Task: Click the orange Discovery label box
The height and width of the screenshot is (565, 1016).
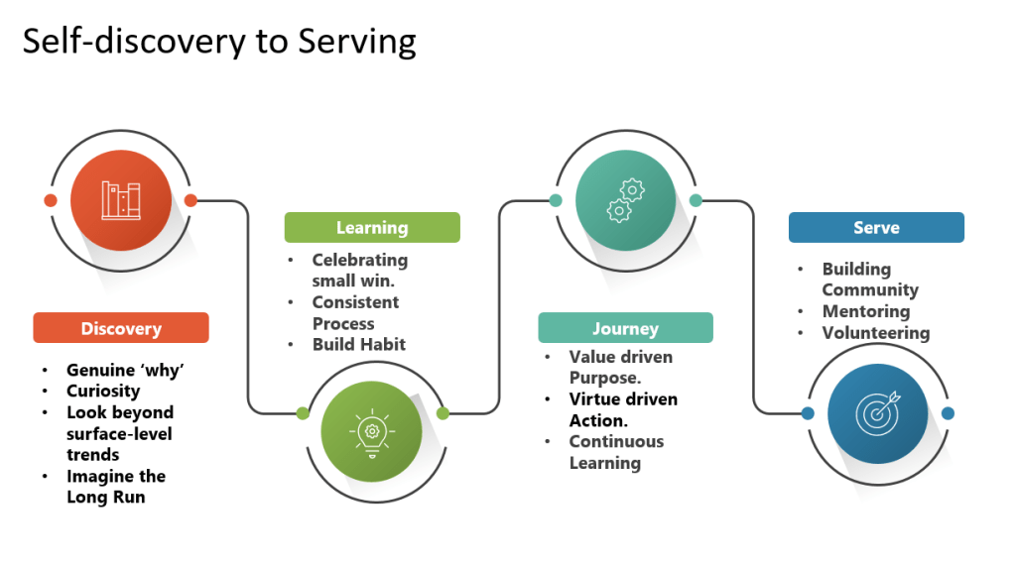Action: click(121, 328)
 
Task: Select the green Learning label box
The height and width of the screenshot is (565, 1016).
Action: click(372, 227)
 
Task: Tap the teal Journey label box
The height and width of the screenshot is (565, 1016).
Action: click(625, 328)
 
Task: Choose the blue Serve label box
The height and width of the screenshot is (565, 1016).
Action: click(876, 227)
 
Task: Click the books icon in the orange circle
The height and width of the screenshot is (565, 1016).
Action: click(121, 200)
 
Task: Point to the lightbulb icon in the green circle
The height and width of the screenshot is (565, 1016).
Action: click(371, 433)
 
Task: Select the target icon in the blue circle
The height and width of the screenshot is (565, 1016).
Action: click(876, 413)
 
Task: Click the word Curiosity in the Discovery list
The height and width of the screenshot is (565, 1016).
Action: click(103, 391)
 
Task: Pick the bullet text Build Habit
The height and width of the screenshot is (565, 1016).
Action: click(358, 344)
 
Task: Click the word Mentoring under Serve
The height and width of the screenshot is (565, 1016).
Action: click(866, 311)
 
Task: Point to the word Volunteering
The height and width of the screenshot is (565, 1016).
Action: click(876, 333)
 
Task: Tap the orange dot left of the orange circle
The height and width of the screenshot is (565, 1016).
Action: click(51, 200)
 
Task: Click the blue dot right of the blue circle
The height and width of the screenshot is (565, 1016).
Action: click(948, 413)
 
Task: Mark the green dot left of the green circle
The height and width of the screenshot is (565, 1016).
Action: click(302, 412)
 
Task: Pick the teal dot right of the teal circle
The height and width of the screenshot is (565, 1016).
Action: click(696, 200)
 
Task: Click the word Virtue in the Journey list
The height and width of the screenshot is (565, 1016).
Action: click(595, 399)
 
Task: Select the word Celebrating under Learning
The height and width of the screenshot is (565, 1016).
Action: click(359, 260)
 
